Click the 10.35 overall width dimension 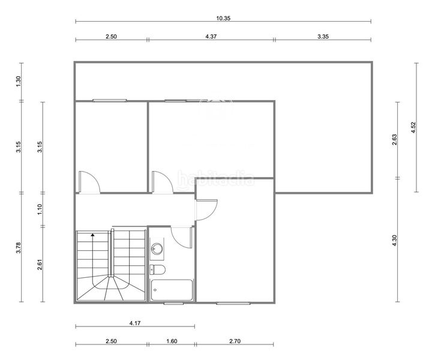pos(223,19)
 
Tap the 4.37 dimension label pos(211,37)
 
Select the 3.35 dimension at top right pos(323,37)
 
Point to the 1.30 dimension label pos(19,81)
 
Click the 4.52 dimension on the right pos(413,127)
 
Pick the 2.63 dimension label pos(394,140)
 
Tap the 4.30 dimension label pos(394,241)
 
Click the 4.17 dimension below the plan pos(135,323)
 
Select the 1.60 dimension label pos(172,341)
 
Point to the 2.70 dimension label pos(235,341)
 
